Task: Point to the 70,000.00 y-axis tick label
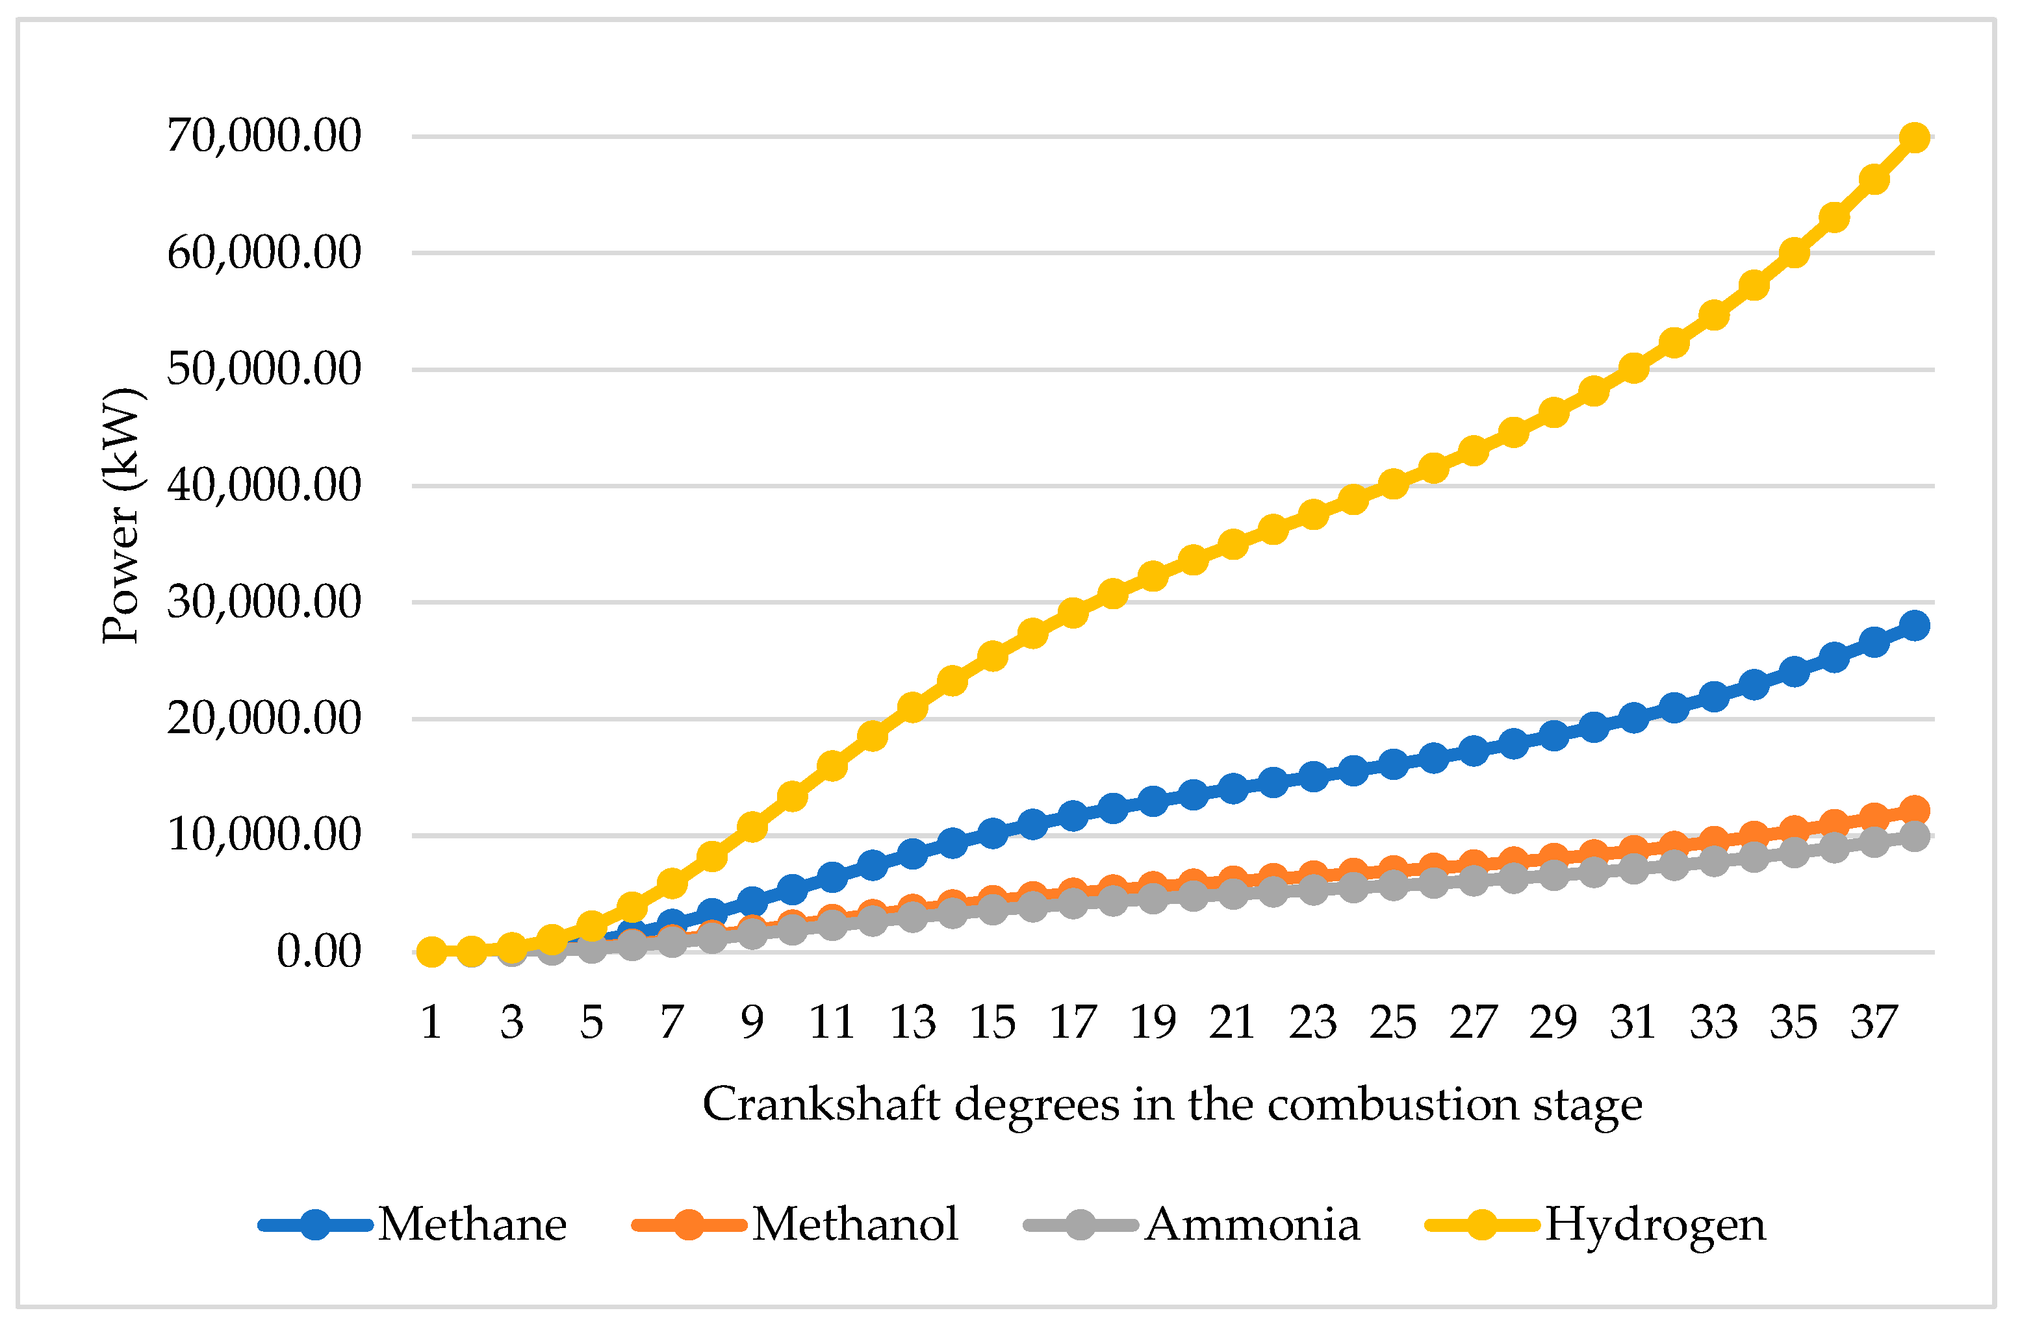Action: point(264,136)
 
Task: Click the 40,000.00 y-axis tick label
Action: point(264,485)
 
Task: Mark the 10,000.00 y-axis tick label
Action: point(264,835)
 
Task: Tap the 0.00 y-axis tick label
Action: point(318,951)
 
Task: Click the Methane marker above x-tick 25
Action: point(1393,764)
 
